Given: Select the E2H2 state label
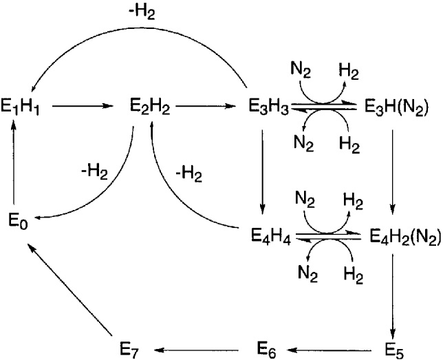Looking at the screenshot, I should coord(151,107).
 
